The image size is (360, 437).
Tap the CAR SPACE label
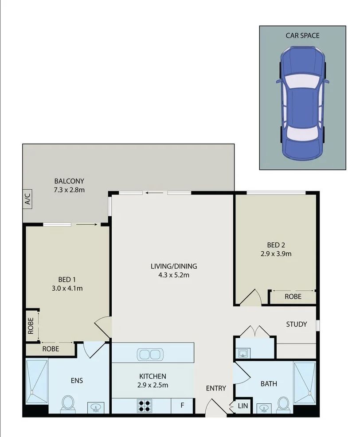pos(302,35)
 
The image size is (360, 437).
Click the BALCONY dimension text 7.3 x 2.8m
pos(69,190)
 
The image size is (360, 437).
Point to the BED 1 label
pos(67,279)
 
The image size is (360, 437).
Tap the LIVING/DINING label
pos(173,266)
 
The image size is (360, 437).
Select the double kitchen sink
pos(150,354)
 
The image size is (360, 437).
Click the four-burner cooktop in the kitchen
pos(145,404)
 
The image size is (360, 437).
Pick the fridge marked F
pos(182,404)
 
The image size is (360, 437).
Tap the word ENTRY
pos(216,388)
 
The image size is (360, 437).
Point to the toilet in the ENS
pos(67,402)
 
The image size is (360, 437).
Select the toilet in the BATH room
pos(283,403)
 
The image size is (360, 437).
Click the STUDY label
pos(296,324)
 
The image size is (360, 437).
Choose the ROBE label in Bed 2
pos(293,297)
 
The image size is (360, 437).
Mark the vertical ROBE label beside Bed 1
pos(31,326)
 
